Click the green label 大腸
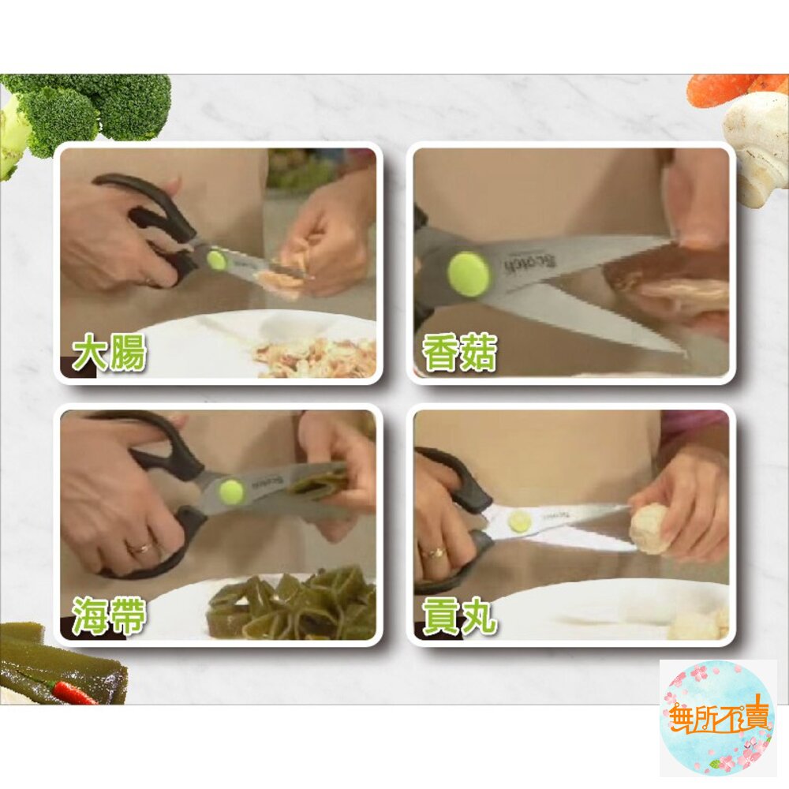tap(110, 354)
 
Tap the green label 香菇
tap(460, 353)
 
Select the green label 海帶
tap(110, 615)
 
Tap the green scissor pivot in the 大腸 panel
tap(216, 260)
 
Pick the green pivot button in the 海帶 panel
tap(231, 492)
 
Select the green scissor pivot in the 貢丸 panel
tap(519, 522)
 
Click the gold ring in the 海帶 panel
tap(140, 548)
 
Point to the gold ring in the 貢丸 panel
tap(435, 552)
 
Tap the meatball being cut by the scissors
tap(649, 528)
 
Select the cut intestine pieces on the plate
tap(316, 359)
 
